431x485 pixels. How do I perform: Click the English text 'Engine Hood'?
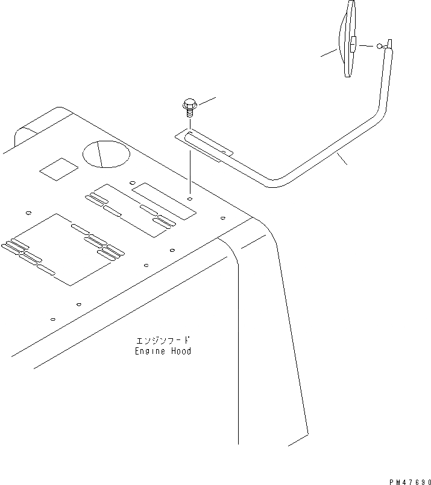click(x=163, y=351)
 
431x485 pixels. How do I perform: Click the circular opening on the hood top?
click(x=106, y=154)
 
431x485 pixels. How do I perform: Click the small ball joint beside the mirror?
click(x=379, y=45)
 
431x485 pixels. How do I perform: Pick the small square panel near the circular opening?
click(x=59, y=170)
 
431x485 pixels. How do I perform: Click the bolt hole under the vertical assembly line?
click(x=190, y=198)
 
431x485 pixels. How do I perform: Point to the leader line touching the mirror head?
click(x=330, y=54)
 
